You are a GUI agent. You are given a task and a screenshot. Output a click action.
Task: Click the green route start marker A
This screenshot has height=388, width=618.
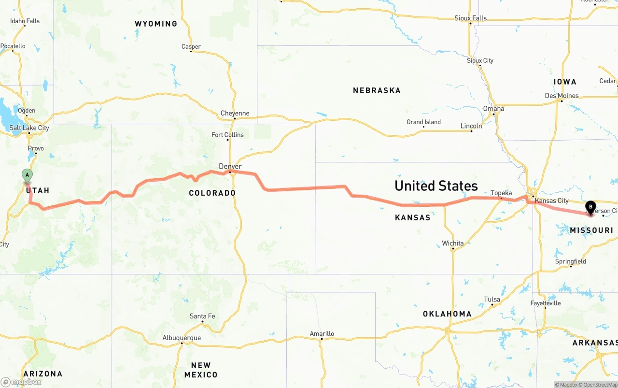[28, 175]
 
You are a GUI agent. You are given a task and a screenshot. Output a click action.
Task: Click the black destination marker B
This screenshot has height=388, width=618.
[590, 208]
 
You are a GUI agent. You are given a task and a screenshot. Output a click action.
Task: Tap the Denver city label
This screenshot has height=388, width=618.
[230, 166]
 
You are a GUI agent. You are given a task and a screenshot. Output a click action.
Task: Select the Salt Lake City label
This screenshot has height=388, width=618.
[29, 128]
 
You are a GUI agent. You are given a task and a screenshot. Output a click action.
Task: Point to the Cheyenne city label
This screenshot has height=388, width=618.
[235, 114]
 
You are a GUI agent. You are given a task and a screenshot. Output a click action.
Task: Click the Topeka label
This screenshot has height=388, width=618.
[501, 193]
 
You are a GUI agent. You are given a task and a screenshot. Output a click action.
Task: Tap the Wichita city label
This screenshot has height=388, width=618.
[452, 243]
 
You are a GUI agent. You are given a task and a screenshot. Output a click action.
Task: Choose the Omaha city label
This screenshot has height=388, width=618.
[493, 109]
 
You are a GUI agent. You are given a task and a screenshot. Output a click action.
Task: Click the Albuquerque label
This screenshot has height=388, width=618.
[182, 338]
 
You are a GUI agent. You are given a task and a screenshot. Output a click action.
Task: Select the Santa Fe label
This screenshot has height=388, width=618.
[202, 316]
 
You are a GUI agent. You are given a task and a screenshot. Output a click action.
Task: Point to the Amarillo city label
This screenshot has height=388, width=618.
[322, 333]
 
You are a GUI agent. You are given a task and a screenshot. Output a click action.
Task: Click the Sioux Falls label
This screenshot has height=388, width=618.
[470, 18]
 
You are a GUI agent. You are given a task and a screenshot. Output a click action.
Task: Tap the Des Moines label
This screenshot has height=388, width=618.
[562, 96]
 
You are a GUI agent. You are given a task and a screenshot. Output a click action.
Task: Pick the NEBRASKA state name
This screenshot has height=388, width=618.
[377, 90]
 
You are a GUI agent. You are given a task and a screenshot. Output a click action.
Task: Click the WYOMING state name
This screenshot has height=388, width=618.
[156, 24]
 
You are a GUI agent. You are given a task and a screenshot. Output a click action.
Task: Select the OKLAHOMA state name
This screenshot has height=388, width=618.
[447, 314]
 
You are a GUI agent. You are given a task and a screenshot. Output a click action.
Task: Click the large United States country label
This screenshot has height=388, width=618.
[436, 186]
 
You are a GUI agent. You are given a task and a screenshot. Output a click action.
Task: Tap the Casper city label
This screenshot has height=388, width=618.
[191, 47]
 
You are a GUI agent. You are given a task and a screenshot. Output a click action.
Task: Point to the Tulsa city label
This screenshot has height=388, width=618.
[492, 300]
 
